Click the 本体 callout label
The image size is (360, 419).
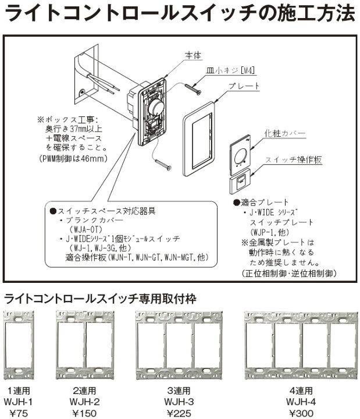pos(193,55)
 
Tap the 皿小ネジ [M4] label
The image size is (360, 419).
pos(230,70)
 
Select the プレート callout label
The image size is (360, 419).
pos(244,86)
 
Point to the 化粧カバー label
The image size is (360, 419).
pos(285,133)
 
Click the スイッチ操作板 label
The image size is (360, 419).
pos(294,159)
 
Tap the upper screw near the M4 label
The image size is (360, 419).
pos(193,88)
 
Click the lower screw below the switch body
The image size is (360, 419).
pos(163,164)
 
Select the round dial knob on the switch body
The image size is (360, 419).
pos(155,107)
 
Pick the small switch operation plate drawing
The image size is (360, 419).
pos(240,181)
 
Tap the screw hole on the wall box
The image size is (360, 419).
pos(82,93)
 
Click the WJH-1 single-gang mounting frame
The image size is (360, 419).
pos(19,345)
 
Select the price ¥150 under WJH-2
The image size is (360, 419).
pos(84,413)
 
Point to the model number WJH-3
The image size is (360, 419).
pos(179,402)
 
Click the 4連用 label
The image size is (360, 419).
pos(301,390)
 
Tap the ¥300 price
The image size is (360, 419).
pos(301,413)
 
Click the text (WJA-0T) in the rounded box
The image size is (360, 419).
pos(85,229)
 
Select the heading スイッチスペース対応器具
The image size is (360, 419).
pos(103,211)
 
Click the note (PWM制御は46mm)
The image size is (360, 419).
pos(73,159)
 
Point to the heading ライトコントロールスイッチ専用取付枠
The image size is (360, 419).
pos(100,299)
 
